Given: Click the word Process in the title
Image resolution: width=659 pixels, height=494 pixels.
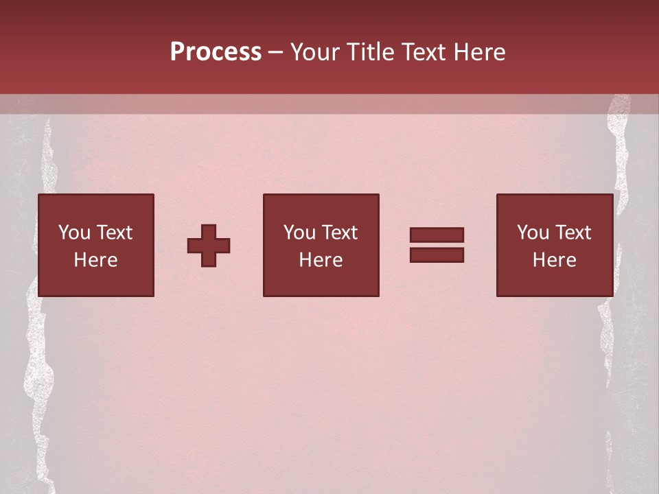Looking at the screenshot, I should (216, 52).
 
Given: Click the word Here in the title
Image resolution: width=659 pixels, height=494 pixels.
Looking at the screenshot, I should (480, 52).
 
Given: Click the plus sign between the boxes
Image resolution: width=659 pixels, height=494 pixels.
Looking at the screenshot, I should (209, 246).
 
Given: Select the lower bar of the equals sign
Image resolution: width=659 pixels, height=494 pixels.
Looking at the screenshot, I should (437, 255).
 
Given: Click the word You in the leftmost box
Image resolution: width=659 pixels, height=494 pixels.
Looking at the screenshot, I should (74, 233).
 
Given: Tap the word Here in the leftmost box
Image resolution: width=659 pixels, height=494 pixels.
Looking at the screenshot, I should (95, 260).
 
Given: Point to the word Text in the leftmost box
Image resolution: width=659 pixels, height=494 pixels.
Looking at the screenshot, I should (114, 233).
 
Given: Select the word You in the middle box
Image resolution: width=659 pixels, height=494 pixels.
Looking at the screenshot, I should (299, 233).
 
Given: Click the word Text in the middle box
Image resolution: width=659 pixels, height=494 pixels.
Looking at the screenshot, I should (339, 233).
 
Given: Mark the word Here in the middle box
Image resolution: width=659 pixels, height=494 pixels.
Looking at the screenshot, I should (321, 260).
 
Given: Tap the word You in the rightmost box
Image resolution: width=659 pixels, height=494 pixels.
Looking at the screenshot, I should (533, 233).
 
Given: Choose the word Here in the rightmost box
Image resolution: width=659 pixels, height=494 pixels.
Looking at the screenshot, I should (555, 260).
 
